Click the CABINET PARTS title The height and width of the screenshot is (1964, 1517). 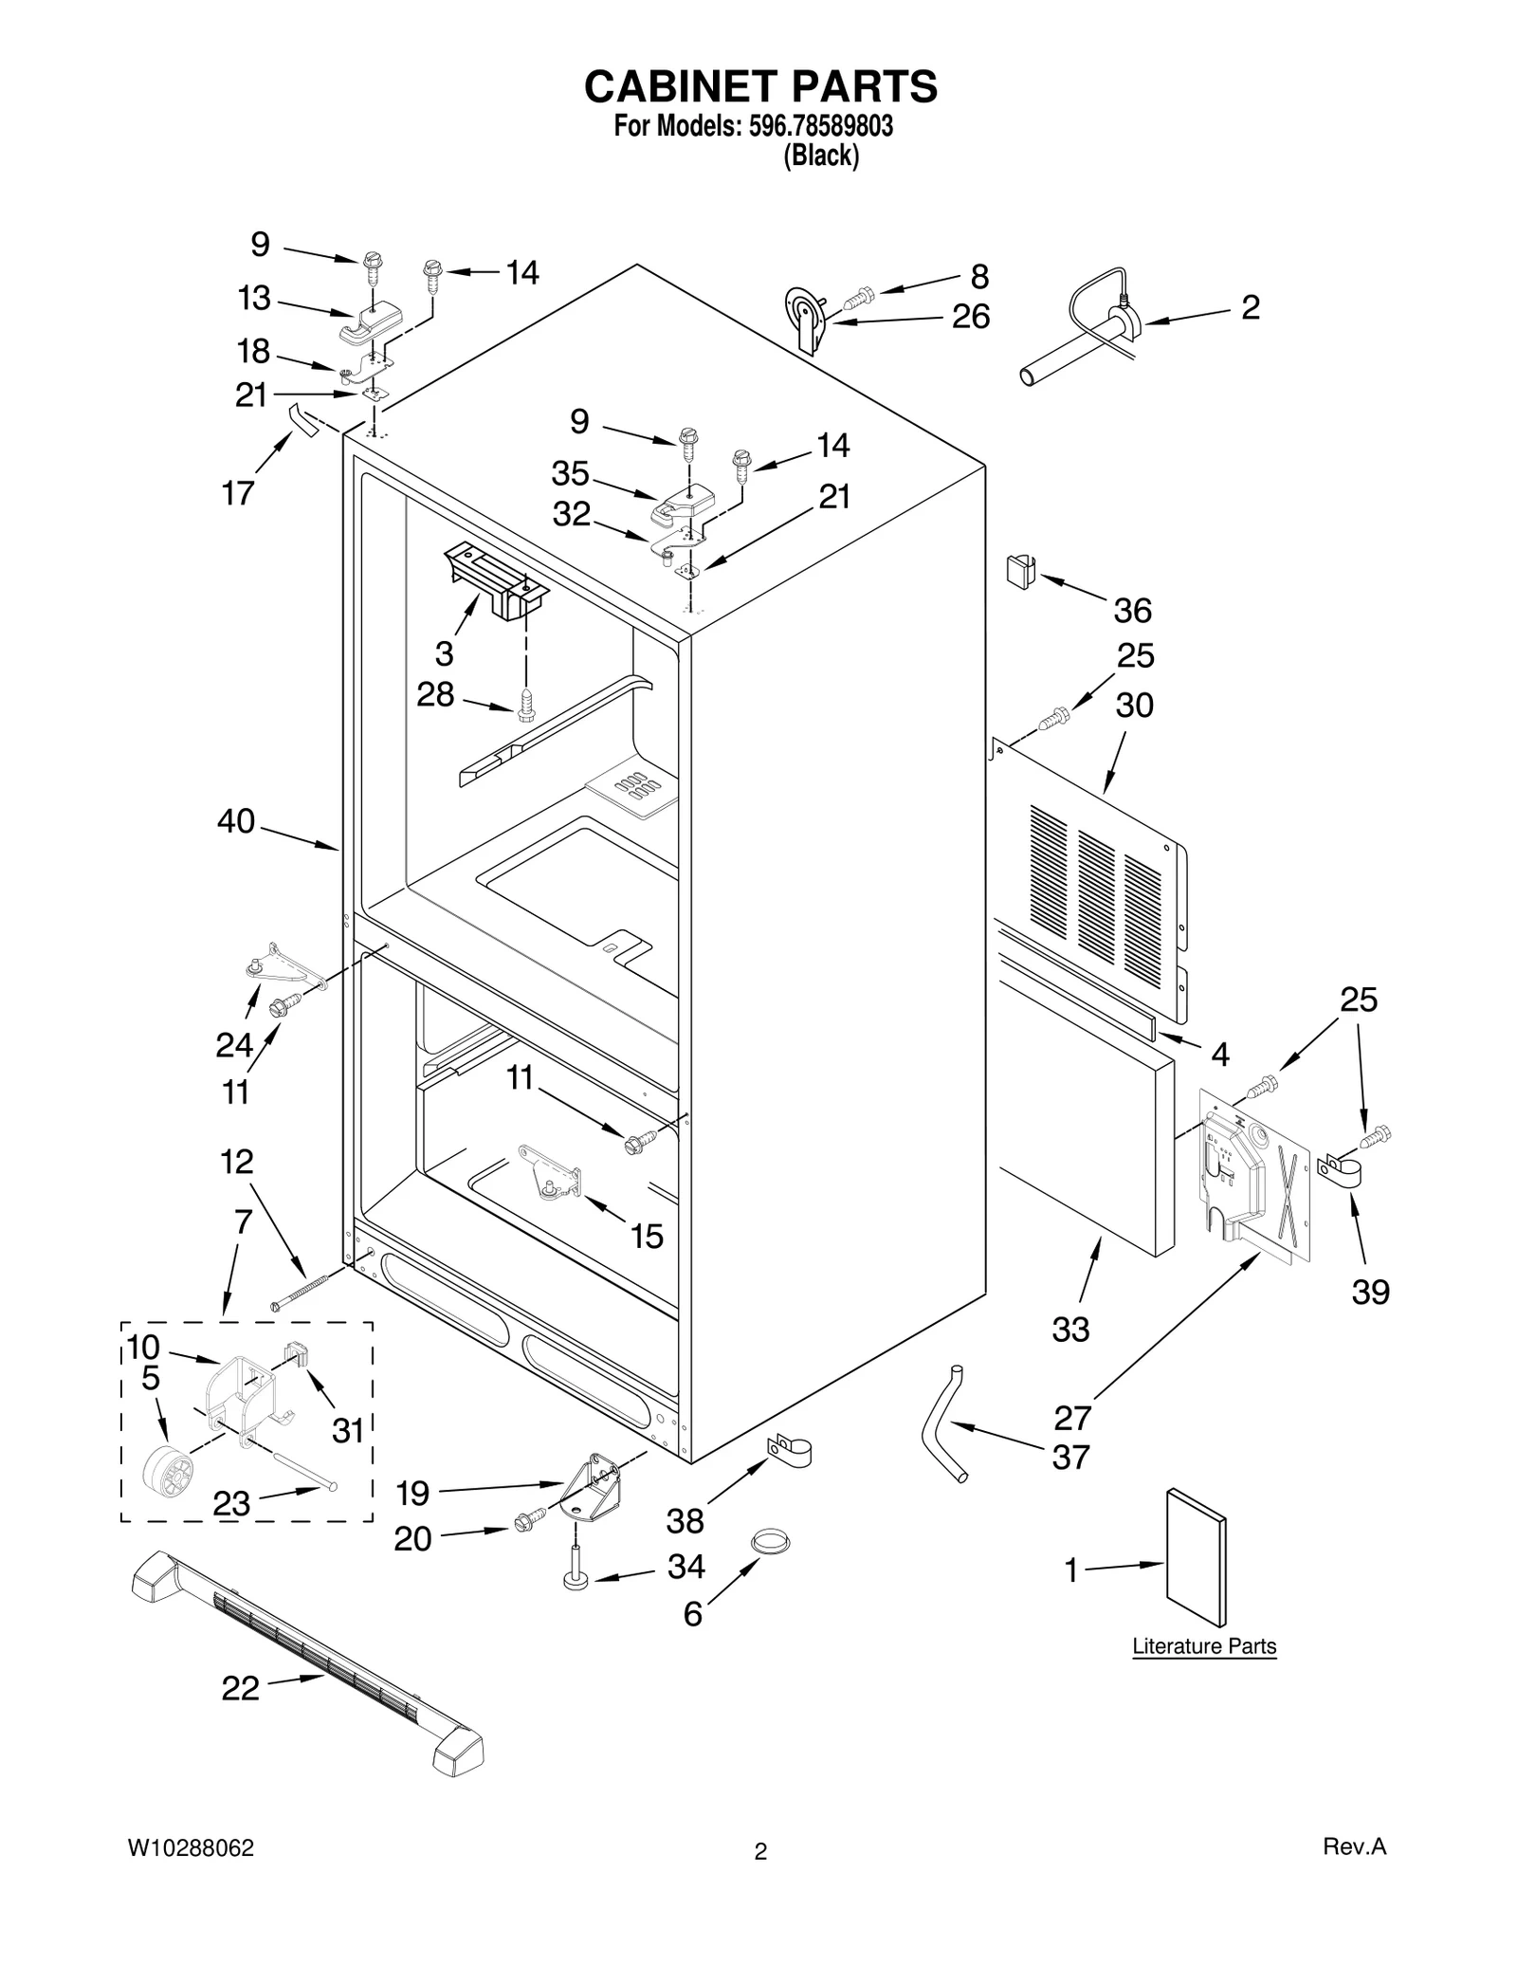(760, 86)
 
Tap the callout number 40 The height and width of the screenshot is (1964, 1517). (236, 821)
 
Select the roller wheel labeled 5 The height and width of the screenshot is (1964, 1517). (167, 1475)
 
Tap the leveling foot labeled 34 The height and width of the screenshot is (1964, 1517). (576, 1570)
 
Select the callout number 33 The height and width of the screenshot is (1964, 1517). (1070, 1330)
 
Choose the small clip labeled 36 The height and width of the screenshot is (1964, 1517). (1020, 572)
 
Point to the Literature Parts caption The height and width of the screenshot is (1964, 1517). (1204, 1646)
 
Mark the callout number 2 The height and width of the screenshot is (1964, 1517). (1251, 307)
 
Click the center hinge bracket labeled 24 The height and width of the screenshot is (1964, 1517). (280, 967)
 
